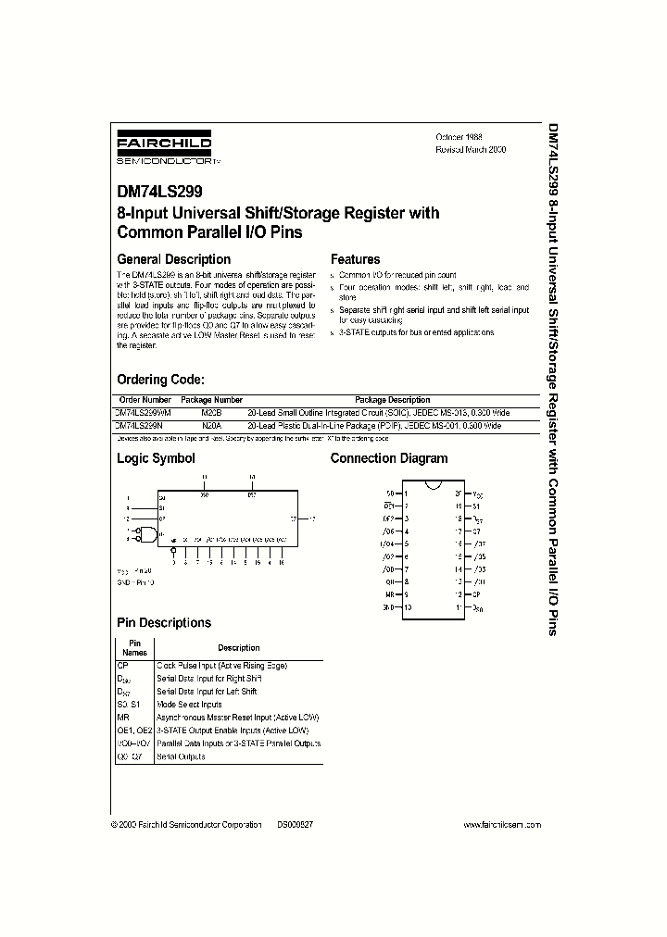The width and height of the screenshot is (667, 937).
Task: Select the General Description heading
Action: click(173, 259)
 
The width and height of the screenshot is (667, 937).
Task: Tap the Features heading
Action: click(355, 259)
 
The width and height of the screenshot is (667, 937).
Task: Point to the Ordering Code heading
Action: click(160, 380)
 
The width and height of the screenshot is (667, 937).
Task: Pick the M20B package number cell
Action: click(212, 412)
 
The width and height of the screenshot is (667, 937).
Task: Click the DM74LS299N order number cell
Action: click(140, 425)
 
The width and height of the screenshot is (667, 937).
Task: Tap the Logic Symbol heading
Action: click(156, 458)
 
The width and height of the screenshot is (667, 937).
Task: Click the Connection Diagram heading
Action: click(389, 458)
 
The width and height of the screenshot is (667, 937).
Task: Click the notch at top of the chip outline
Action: click(433, 484)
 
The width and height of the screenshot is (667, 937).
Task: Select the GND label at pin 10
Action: click(389, 606)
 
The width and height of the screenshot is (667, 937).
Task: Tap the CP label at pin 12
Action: click(476, 593)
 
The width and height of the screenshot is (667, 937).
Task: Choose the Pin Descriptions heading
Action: click(164, 623)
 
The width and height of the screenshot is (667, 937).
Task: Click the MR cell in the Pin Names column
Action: click(122, 718)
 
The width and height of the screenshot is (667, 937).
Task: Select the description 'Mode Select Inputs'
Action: click(189, 705)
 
